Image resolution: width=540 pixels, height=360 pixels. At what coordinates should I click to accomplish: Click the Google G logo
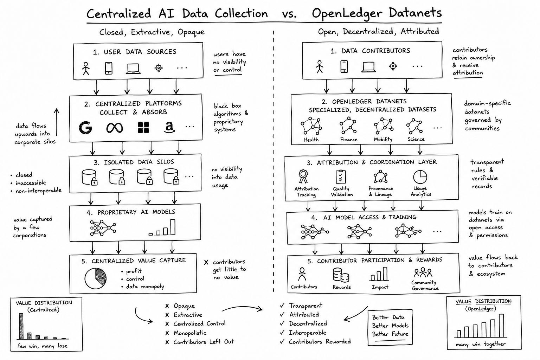tap(85, 127)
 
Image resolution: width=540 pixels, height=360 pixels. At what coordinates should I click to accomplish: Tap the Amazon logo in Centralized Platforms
tap(169, 127)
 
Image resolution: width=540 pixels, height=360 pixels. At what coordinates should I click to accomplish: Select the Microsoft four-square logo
tap(143, 127)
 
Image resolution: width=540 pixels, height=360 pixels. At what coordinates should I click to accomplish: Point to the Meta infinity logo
tap(115, 128)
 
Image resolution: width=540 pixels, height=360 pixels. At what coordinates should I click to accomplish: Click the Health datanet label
tap(311, 140)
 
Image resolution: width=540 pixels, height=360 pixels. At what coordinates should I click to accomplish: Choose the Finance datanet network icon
tap(348, 126)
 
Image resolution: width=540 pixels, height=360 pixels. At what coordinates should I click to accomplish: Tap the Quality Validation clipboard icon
tap(341, 177)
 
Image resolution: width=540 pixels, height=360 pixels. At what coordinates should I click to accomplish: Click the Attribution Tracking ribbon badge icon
tap(303, 176)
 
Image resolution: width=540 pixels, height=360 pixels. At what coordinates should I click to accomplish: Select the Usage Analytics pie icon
tap(420, 177)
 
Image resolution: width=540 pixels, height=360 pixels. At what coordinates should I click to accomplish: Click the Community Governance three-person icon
tap(423, 272)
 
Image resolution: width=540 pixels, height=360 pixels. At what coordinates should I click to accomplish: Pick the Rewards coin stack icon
tap(341, 275)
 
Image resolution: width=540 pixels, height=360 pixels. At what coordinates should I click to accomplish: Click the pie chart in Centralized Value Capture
tap(96, 278)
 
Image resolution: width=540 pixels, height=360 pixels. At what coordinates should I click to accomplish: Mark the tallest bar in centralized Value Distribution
tap(21, 326)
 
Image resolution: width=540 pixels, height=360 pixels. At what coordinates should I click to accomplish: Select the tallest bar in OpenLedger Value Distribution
tap(501, 326)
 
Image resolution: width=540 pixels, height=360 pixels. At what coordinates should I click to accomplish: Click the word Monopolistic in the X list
tap(190, 333)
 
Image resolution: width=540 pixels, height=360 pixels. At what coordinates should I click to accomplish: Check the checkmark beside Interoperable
tap(282, 333)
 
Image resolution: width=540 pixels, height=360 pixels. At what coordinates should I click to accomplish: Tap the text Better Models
tap(390, 326)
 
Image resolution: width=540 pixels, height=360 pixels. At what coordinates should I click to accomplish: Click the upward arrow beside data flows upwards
tap(57, 122)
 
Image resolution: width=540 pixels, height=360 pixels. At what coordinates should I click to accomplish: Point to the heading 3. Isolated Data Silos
tap(134, 162)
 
